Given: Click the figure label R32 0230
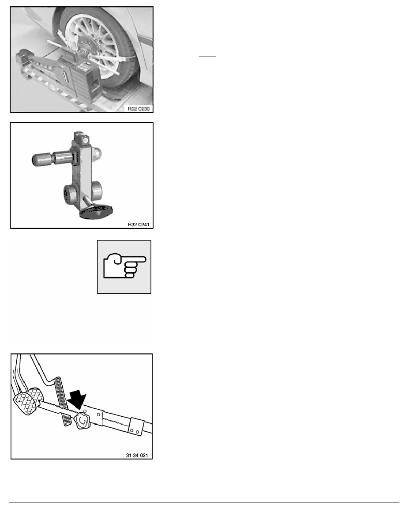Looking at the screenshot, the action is click(139, 108).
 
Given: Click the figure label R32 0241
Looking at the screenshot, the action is click(139, 224).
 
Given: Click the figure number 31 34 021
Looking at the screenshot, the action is click(137, 455).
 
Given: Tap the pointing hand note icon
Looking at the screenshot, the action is click(124, 266).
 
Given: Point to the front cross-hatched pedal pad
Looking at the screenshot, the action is click(25, 403).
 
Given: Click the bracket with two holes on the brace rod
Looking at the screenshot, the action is click(136, 427).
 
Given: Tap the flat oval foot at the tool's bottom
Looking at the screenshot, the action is click(96, 212).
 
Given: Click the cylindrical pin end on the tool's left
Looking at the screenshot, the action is click(42, 160).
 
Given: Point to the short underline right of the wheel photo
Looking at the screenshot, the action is click(207, 57).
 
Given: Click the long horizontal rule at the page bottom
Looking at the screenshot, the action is click(204, 502).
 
